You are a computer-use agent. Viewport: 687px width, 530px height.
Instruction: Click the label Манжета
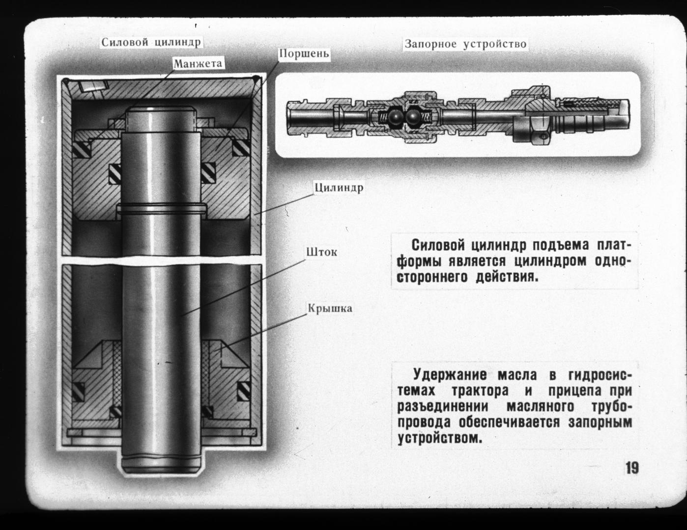click(198, 63)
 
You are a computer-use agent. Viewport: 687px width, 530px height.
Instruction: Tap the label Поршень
click(304, 53)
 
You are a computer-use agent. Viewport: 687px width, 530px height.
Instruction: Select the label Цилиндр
click(339, 188)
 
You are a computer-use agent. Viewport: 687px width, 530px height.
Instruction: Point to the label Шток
click(321, 252)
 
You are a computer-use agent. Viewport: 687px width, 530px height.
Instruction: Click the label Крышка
click(330, 309)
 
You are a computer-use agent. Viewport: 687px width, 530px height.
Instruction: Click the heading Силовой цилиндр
click(151, 42)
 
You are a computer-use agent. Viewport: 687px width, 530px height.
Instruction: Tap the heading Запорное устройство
click(465, 44)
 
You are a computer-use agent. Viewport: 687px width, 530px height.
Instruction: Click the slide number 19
click(632, 468)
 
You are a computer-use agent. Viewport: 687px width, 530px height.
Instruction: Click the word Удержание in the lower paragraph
click(450, 375)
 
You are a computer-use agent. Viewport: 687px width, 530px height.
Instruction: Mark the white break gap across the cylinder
click(162, 259)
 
